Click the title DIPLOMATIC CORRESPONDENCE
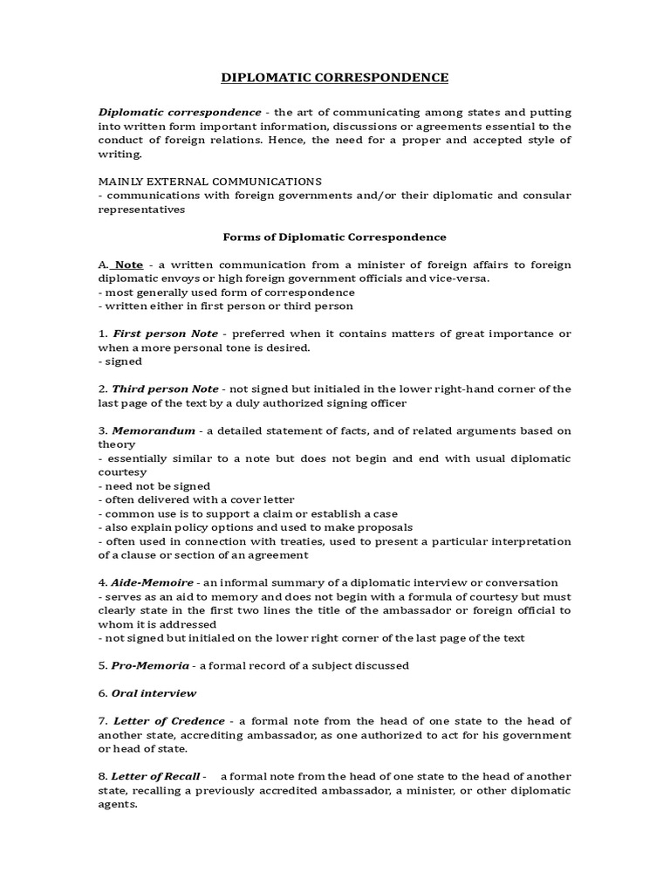click(334, 78)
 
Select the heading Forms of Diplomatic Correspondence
click(334, 237)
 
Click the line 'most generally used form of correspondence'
click(227, 292)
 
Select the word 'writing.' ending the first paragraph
click(119, 154)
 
